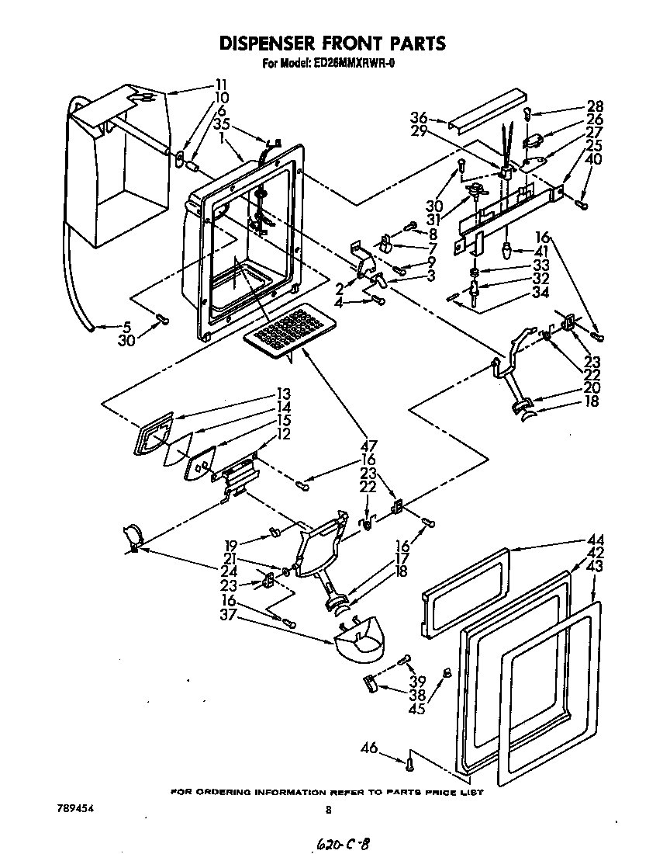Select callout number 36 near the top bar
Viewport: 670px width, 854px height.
point(419,117)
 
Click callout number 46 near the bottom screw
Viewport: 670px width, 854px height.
point(369,748)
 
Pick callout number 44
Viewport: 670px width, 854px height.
point(596,540)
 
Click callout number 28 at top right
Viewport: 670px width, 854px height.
point(595,106)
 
